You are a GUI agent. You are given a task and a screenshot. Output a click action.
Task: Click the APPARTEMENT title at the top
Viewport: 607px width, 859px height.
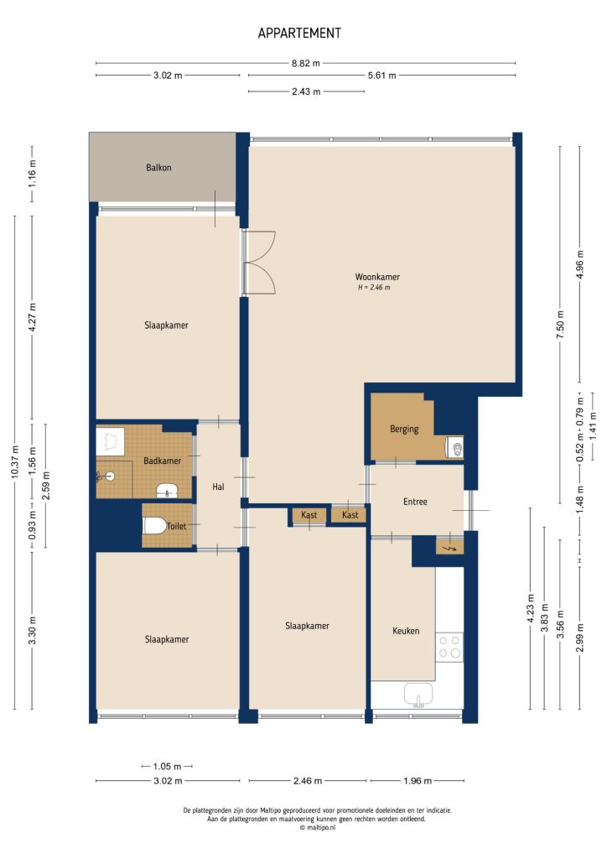click(x=299, y=34)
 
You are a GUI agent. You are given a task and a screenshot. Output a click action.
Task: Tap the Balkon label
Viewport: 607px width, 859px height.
click(x=158, y=168)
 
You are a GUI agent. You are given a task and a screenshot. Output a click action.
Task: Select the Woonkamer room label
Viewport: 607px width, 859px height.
click(x=376, y=277)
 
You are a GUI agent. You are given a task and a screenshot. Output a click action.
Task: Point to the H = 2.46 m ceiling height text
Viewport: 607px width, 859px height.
click(x=374, y=289)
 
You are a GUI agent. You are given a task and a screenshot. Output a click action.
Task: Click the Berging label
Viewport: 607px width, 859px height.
click(x=403, y=429)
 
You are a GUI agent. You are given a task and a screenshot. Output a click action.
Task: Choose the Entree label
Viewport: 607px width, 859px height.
click(x=415, y=502)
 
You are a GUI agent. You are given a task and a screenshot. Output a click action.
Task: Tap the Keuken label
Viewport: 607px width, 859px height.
click(x=406, y=631)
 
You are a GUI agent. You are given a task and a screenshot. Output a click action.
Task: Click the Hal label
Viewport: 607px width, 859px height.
click(x=218, y=487)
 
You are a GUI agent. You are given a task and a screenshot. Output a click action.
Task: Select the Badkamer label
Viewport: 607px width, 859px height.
click(x=162, y=461)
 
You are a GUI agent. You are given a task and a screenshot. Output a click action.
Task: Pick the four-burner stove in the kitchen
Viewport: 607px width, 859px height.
click(x=449, y=647)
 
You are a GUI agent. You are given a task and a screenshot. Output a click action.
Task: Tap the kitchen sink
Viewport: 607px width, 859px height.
click(x=418, y=694)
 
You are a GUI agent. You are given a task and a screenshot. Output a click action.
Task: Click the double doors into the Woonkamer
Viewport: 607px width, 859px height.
click(x=259, y=263)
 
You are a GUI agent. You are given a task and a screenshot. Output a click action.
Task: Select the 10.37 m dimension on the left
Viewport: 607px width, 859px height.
click(x=14, y=461)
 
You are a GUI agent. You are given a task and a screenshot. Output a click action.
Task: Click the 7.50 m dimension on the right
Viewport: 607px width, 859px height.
click(x=560, y=323)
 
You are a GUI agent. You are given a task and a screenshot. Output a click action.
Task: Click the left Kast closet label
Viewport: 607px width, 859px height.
click(x=309, y=515)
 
